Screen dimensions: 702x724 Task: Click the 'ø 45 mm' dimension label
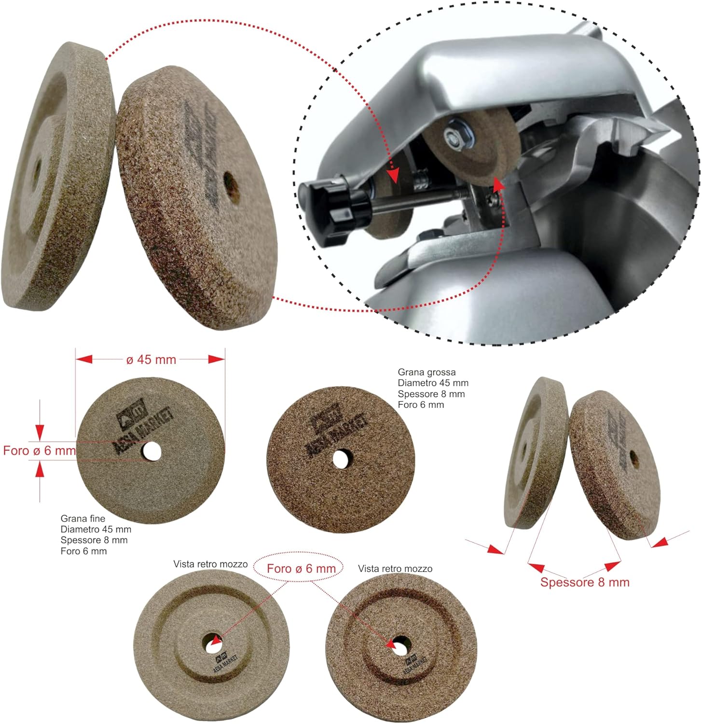point(151,360)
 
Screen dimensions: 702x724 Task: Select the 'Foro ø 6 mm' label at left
point(40,451)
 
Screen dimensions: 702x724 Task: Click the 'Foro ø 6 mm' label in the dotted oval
point(301,569)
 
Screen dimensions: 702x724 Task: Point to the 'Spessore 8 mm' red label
point(585,582)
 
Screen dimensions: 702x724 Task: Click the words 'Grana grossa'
point(427,372)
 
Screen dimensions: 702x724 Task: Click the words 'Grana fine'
point(83,519)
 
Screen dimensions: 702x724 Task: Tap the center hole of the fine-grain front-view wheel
point(151,451)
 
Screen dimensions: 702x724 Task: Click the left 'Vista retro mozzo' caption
point(210,564)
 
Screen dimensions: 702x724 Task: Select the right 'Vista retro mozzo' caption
point(395,569)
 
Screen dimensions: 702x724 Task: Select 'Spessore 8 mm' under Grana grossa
point(431,394)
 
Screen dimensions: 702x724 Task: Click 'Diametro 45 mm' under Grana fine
point(96,529)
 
